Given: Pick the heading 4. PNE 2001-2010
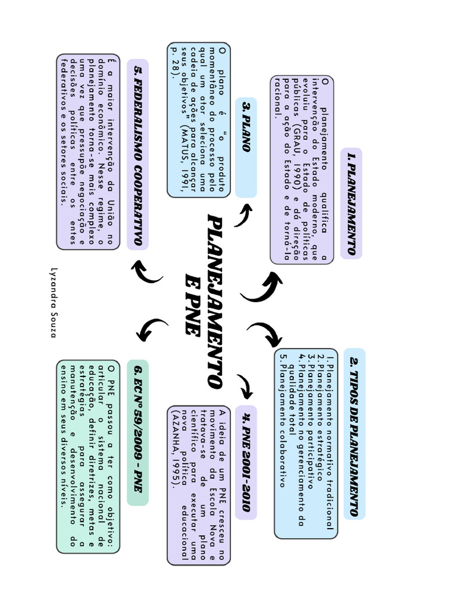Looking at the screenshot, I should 246,462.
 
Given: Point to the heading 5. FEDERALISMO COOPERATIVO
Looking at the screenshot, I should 137,155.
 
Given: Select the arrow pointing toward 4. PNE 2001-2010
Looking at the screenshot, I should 245,386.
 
